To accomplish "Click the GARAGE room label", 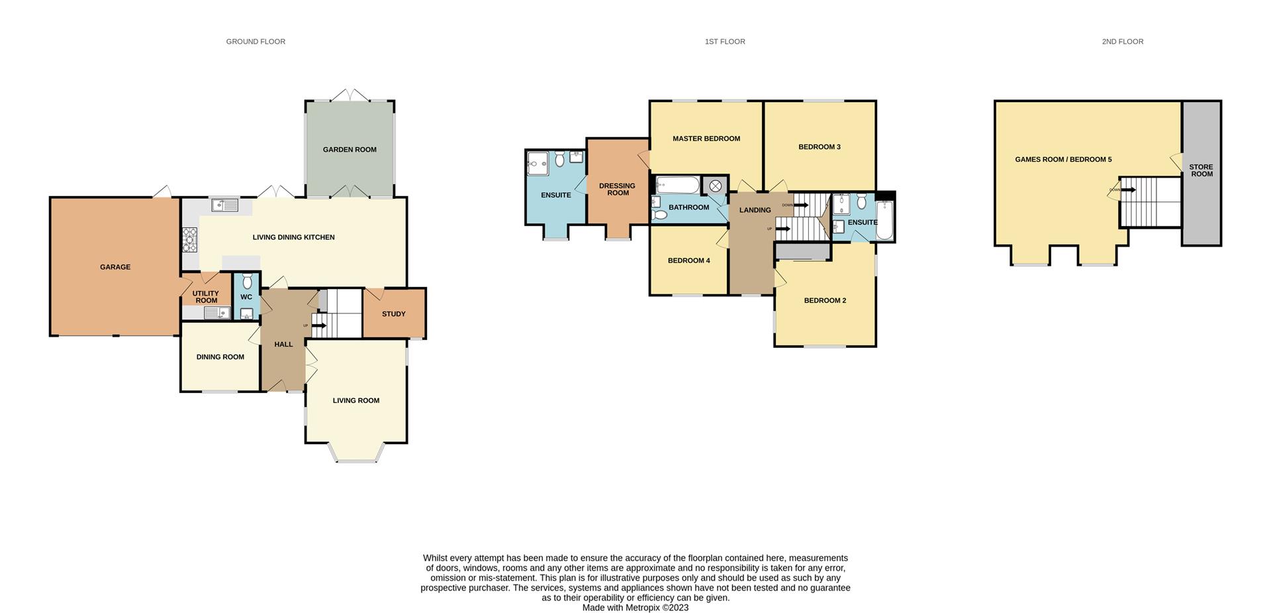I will tap(115, 267).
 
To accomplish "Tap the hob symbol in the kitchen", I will tap(190, 239).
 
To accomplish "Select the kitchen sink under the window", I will tap(225, 205).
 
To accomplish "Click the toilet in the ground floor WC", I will tap(247, 280).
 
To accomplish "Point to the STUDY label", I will tap(394, 314).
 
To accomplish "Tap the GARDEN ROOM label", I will tap(350, 150).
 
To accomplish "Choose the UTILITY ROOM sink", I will tap(216, 313).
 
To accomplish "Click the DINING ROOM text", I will tap(220, 357).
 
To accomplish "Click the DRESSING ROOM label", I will tap(617, 190).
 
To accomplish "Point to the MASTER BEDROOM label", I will tap(706, 139).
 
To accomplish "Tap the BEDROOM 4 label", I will tap(688, 261).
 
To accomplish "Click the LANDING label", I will tap(755, 210).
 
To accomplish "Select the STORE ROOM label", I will tap(1201, 171).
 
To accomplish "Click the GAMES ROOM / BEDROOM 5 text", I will tap(1063, 160).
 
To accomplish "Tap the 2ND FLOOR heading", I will tap(1122, 42).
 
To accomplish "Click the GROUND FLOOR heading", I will tap(256, 42).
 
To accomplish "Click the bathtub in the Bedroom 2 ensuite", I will tap(884, 220).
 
